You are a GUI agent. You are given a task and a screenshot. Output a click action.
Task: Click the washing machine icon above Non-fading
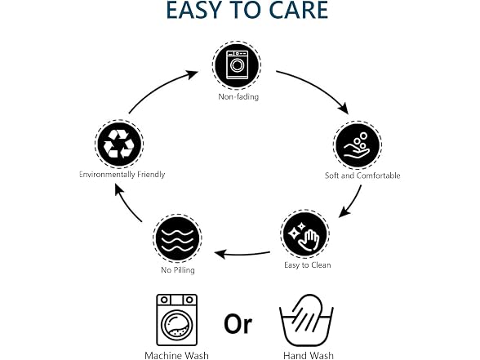click(237, 65)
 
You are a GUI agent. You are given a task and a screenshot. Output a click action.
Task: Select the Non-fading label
click(238, 96)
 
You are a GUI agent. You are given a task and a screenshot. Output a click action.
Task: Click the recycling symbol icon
click(119, 144)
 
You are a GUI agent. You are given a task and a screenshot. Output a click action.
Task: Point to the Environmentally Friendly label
click(122, 175)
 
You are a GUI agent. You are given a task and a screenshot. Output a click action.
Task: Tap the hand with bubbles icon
click(357, 145)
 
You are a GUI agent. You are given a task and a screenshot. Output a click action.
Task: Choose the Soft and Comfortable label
click(362, 176)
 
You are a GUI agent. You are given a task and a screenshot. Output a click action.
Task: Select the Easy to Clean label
click(307, 265)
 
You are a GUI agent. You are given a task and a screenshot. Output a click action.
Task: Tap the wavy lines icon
click(178, 238)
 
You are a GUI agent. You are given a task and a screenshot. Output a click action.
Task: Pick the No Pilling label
click(178, 270)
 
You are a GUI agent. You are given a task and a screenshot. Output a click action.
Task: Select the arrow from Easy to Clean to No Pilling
click(242, 254)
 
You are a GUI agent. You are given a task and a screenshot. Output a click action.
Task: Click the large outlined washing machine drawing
click(177, 320)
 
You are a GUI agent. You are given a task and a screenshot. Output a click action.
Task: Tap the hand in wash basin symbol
click(306, 320)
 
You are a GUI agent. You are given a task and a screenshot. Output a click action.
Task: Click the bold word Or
click(238, 324)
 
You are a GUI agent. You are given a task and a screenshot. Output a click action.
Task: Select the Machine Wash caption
click(176, 356)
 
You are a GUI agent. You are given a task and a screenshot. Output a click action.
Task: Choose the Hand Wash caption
click(309, 356)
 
